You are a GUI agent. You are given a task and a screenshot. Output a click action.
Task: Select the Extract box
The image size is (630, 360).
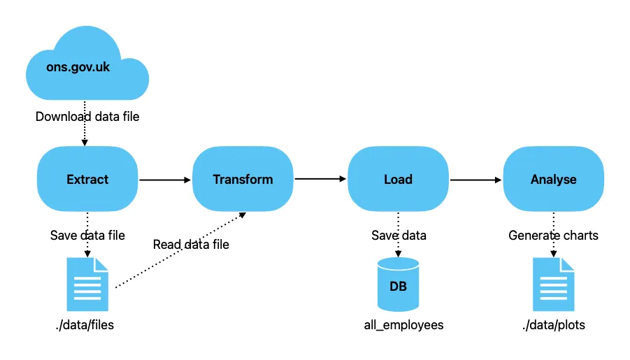click(87, 180)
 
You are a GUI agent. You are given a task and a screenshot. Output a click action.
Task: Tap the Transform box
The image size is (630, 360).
click(243, 180)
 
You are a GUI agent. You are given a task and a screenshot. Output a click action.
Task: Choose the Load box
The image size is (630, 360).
click(398, 180)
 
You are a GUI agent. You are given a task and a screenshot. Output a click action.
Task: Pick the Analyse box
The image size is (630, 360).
click(553, 180)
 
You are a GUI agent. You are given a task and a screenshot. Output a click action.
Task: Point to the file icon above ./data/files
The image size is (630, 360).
click(87, 284)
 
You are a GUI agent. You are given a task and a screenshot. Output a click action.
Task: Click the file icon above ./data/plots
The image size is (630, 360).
click(553, 284)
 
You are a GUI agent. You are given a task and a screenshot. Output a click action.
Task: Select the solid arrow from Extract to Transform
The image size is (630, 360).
click(165, 180)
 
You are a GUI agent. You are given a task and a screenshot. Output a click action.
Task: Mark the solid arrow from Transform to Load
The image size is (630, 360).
click(320, 180)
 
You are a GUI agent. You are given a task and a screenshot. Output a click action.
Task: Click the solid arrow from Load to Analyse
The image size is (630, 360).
click(475, 180)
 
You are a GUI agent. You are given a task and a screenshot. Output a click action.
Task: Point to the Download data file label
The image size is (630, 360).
click(87, 117)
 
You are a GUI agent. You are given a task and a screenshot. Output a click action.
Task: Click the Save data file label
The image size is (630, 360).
click(87, 236)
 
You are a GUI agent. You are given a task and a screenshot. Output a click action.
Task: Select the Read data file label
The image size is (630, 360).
click(191, 245)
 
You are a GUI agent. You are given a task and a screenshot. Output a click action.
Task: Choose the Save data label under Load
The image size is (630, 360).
click(398, 236)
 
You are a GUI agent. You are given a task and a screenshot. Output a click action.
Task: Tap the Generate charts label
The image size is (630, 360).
click(553, 236)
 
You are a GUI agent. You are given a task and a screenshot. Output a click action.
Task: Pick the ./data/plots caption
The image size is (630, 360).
click(553, 325)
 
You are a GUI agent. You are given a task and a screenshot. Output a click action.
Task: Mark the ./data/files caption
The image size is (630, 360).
click(87, 325)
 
